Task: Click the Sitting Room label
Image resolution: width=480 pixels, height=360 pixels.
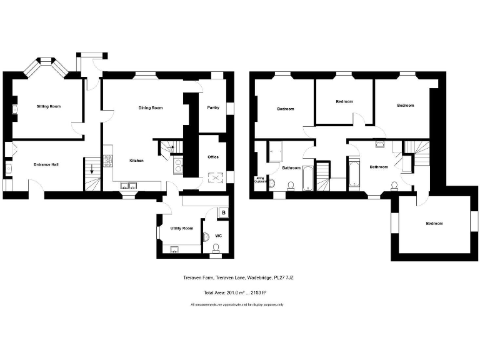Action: pos(48,107)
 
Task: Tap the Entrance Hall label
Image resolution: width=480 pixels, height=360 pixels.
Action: pos(46,164)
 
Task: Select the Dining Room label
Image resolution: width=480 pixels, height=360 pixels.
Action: pos(150,108)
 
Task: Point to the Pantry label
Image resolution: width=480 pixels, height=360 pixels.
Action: pos(213,107)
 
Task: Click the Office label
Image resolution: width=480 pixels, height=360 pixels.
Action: pos(213,157)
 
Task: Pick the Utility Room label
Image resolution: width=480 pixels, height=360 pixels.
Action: pos(182,228)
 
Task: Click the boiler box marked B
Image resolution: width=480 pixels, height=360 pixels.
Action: pos(223,213)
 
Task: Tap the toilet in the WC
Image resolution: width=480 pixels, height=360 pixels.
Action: pos(216,249)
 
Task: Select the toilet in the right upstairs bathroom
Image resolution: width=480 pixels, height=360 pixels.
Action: pos(394,184)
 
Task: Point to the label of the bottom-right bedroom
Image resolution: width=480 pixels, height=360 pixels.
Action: pos(434,224)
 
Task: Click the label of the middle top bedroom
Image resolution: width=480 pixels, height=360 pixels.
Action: pos(344,102)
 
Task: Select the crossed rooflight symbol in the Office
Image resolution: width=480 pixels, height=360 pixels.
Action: pos(216,179)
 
